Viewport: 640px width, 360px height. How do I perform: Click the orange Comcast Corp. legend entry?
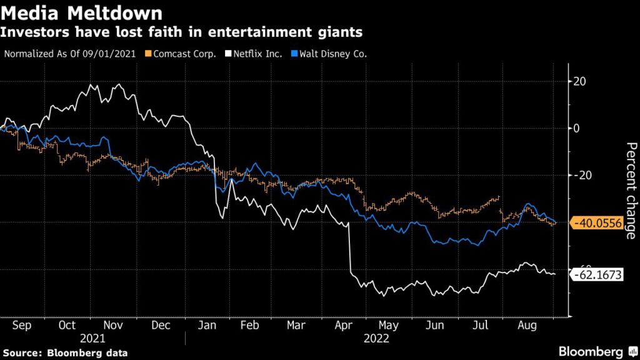click(x=181, y=54)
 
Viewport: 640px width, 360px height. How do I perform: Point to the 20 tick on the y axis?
click(x=579, y=81)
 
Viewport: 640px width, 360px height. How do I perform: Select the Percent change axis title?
click(x=630, y=191)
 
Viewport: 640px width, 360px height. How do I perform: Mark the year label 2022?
click(x=376, y=338)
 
